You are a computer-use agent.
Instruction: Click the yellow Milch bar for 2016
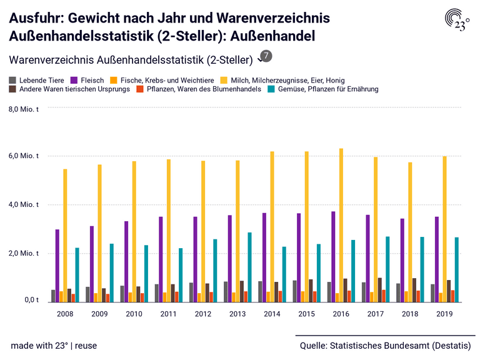pyautogui.click(x=341, y=225)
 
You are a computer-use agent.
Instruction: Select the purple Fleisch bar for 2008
pyautogui.click(x=57, y=266)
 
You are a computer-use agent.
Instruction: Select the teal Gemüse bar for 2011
pyautogui.click(x=181, y=275)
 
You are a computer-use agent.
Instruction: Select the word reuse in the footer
pyautogui.click(x=86, y=346)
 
